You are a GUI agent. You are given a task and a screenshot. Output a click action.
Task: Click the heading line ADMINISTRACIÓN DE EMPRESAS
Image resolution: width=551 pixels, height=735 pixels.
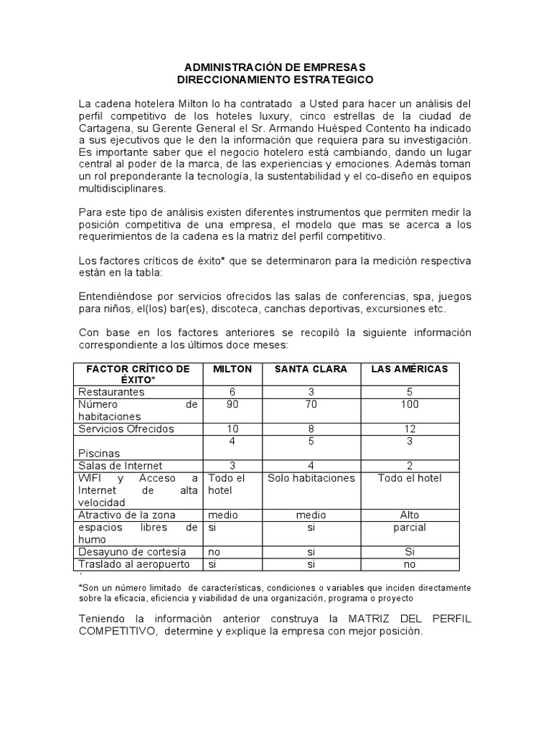coord(275,67)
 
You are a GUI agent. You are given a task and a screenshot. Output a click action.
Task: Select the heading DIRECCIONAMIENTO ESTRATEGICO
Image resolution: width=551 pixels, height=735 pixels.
coord(275,79)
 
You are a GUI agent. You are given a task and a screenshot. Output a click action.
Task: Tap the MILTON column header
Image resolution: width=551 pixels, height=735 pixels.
coord(232,369)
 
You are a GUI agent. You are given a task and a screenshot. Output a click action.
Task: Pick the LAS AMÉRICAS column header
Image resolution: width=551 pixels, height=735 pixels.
coord(409,369)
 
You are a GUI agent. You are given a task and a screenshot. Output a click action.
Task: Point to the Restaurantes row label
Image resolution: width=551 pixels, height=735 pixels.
coord(111,392)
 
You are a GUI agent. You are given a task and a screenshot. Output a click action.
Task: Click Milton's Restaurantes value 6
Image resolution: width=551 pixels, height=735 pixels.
coord(232,392)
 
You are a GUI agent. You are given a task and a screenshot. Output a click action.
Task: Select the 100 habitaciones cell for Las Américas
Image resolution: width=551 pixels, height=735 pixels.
coord(409,404)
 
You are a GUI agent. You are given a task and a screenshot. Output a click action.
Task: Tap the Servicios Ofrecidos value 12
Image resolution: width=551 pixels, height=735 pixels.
coord(409,429)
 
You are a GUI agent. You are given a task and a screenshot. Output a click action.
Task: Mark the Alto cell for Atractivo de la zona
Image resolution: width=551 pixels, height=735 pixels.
coord(409,515)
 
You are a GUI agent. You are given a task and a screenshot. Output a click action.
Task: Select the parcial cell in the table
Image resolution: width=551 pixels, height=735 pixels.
coord(409,528)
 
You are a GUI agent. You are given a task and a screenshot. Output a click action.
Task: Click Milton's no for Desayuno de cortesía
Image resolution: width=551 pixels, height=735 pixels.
coord(215,552)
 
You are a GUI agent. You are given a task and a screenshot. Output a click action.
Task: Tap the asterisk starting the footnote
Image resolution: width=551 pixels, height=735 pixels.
coord(80,587)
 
